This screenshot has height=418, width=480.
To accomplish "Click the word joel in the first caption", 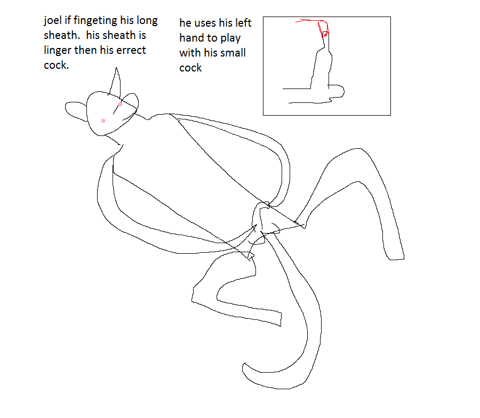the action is tap(53, 21).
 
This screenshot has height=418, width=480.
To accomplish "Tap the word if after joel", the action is tap(67, 20).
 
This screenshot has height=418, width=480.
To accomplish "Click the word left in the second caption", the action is tap(243, 22).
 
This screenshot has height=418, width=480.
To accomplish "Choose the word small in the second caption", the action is tap(232, 53).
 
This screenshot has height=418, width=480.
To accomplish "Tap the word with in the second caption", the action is tap(190, 53).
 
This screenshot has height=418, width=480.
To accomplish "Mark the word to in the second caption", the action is tap(212, 38).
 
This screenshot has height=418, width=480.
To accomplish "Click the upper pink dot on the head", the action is tap(121, 104).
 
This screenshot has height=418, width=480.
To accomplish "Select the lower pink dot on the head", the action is tap(103, 121).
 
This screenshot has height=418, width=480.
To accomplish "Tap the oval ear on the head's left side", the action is tap(76, 111).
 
